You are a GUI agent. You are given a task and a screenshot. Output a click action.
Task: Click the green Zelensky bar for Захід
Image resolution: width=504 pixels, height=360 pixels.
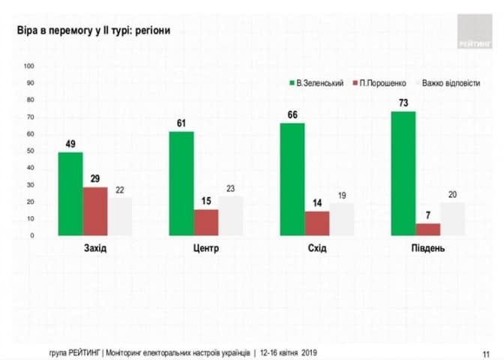(70, 193)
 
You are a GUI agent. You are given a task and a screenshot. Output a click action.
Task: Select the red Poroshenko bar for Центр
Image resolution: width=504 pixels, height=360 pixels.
(205, 222)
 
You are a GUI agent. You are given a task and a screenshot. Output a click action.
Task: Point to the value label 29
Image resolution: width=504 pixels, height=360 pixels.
(95, 180)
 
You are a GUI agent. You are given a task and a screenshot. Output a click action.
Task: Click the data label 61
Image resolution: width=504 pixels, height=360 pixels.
(181, 124)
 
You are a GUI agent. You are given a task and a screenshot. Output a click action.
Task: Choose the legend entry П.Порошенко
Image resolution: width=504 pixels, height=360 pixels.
(384, 83)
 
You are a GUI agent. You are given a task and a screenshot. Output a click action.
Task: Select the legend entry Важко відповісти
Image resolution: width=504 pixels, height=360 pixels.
(451, 83)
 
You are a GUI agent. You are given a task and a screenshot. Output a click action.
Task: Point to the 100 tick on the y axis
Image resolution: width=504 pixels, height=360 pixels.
(30, 66)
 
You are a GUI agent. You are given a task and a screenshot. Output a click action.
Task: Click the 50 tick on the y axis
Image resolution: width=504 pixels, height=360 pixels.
(30, 151)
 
